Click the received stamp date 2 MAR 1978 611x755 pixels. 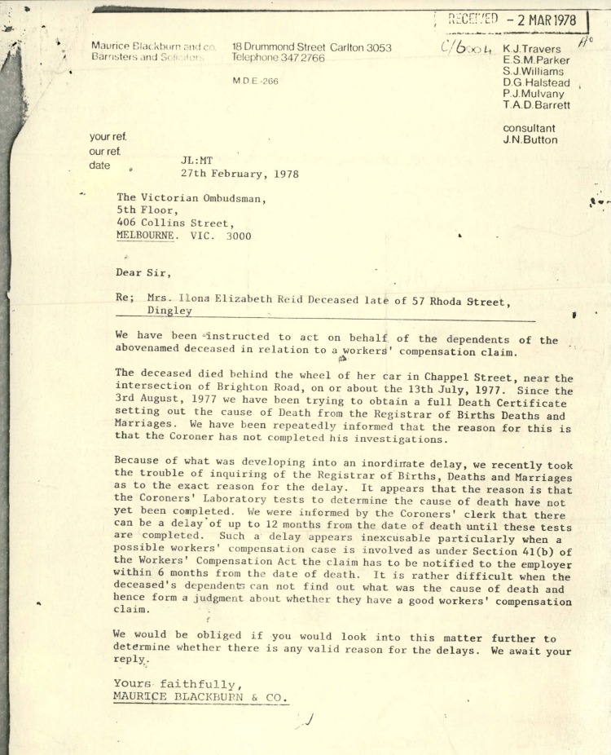(541, 20)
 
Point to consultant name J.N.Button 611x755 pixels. (531, 139)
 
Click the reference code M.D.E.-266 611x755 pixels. (255, 82)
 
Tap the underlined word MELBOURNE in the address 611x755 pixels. (145, 236)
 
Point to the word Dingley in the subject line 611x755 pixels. (169, 311)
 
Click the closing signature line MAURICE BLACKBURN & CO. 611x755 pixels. (201, 698)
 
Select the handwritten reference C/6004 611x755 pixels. (467, 47)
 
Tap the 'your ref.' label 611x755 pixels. (108, 137)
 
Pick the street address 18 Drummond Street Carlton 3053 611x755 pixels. (311, 47)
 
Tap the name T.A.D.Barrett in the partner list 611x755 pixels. (537, 105)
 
